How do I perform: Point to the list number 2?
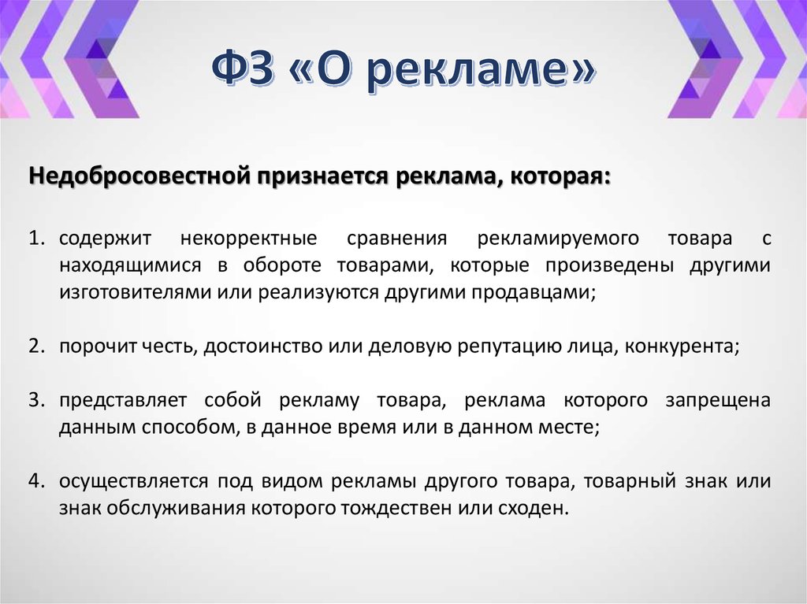click(37, 347)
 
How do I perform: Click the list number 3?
click(37, 401)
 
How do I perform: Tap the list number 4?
click(37, 481)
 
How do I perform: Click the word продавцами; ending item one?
click(535, 292)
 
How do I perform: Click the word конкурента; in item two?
click(682, 347)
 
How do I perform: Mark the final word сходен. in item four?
click(537, 508)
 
